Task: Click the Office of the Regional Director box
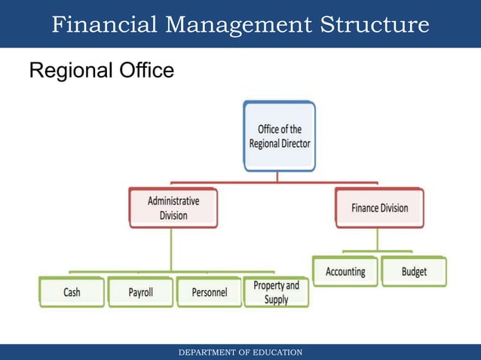279,136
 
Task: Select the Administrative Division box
173,208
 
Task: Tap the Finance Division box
379,208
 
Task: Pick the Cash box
72,292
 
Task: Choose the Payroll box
140,292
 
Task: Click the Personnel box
209,292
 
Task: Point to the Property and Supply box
276,292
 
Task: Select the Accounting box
345,272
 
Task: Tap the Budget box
414,272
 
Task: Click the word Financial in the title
104,25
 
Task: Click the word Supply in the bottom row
276,300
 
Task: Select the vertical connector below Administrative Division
173,249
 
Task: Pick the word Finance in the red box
365,208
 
